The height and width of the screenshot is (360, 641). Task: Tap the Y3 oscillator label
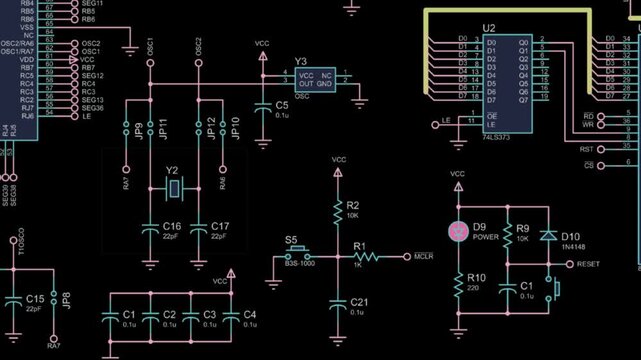point(300,61)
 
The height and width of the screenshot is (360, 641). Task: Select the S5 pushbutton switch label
point(291,240)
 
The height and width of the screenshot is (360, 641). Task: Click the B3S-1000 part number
point(299,264)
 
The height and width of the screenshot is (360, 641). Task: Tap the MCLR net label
point(424,257)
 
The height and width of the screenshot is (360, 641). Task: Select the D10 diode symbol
point(547,235)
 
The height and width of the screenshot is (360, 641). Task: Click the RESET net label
point(589,264)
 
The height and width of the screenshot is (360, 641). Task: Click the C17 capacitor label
point(221,226)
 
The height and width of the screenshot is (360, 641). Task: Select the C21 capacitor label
point(360,302)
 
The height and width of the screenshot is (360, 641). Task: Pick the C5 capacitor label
point(282,105)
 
